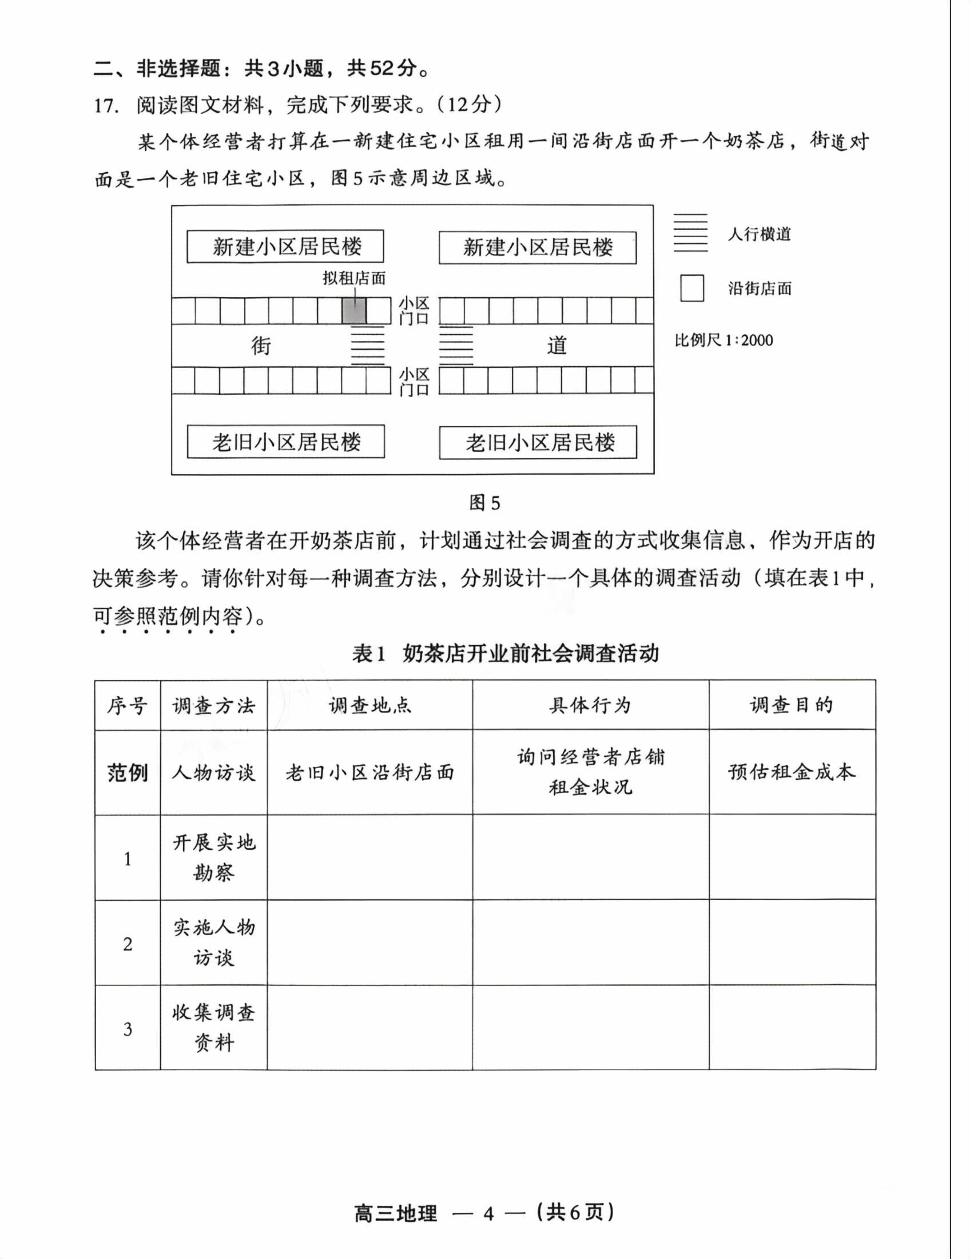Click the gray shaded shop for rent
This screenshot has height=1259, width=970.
point(354,311)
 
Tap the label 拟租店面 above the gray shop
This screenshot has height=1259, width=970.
point(353,279)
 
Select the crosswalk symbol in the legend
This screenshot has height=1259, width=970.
point(691,233)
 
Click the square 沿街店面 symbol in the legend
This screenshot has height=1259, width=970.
point(692,288)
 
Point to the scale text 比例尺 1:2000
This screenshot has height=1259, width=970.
point(723,340)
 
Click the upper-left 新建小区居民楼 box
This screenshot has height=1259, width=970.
point(286,247)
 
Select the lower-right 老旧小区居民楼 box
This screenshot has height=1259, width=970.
point(538,443)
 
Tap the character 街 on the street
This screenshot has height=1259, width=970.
point(261,346)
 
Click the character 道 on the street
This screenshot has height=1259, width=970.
point(557,346)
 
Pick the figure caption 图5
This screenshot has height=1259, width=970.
point(484,502)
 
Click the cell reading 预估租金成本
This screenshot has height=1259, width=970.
point(792,773)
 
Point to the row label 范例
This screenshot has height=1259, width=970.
point(128,773)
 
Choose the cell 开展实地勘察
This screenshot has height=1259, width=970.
point(214,858)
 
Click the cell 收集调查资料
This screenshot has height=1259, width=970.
point(214,1028)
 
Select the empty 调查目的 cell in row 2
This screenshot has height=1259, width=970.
point(792,943)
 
